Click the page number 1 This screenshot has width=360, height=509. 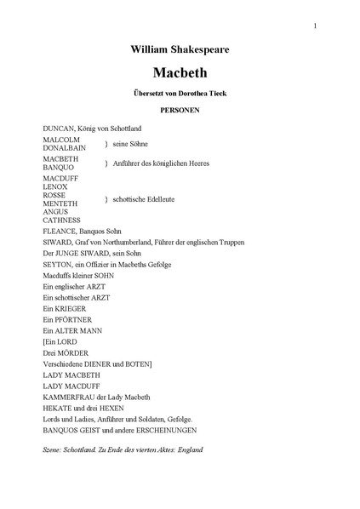[315, 26]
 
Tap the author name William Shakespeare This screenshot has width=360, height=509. [180, 51]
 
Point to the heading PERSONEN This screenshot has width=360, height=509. [180, 112]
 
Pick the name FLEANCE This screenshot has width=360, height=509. [60, 231]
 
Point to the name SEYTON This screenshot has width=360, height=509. [57, 265]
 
